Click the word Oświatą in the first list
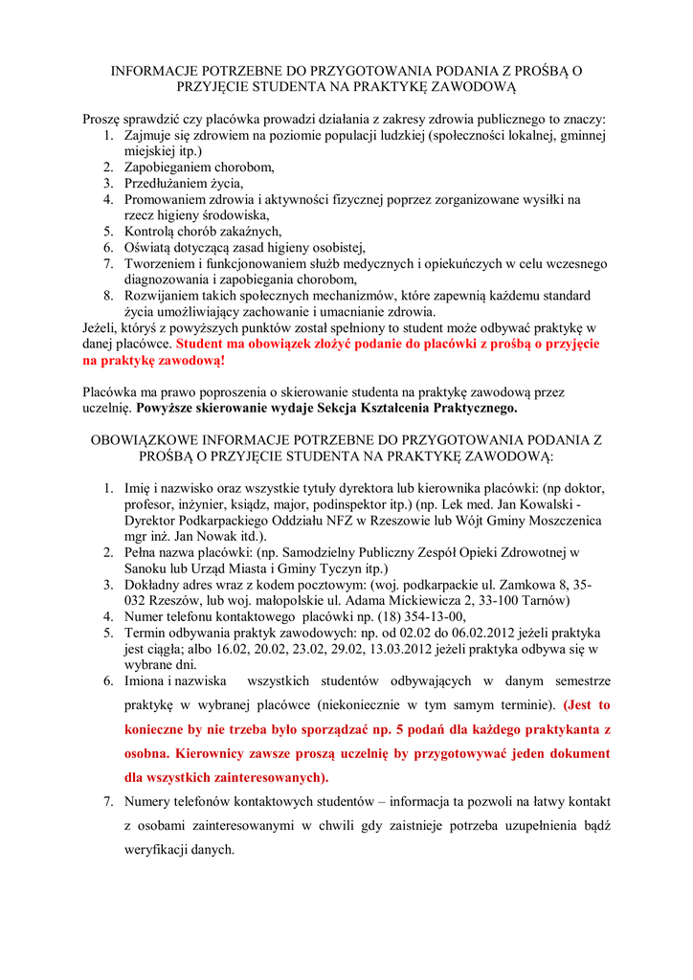click(x=149, y=247)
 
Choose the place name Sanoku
click(x=146, y=568)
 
